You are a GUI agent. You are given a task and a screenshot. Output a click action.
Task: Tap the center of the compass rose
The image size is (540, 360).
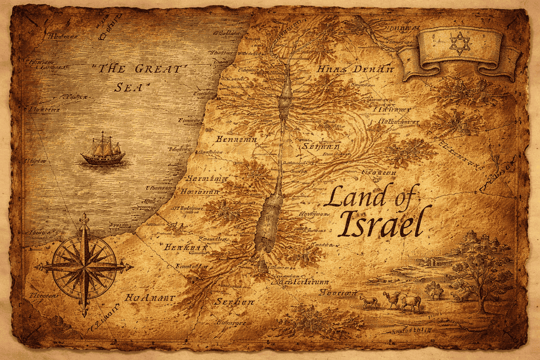pos(84,267)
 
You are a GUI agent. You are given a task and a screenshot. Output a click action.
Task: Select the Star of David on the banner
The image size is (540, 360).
pos(459,43)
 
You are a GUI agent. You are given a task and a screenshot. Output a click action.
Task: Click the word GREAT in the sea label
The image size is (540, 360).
pos(161,69)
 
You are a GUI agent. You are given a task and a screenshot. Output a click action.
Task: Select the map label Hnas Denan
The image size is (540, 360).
pos(355,70)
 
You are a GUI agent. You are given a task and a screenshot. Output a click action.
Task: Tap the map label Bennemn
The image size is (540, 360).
pos(236,139)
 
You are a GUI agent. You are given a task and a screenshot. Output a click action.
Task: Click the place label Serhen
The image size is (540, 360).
pos(235,301)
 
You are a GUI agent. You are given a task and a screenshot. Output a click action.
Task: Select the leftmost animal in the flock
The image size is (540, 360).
pos(369,301)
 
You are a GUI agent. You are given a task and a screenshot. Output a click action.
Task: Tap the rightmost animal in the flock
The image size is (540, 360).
pos(411,302)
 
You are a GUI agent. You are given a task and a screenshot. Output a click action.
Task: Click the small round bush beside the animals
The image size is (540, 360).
pos(434,289)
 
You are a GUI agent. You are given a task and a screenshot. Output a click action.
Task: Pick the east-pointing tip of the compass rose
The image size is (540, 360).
pos(130,267)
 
